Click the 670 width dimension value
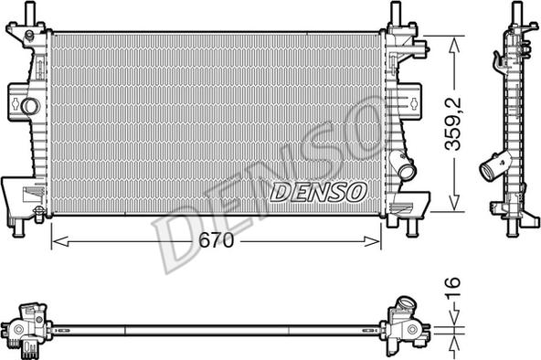point(217,240)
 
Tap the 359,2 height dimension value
point(452,123)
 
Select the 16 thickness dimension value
point(452,282)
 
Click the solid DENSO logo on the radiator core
point(318,192)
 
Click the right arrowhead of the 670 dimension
point(373,242)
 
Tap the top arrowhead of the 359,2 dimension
point(455,45)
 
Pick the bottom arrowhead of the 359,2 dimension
point(455,203)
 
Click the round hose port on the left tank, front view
point(30,106)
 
